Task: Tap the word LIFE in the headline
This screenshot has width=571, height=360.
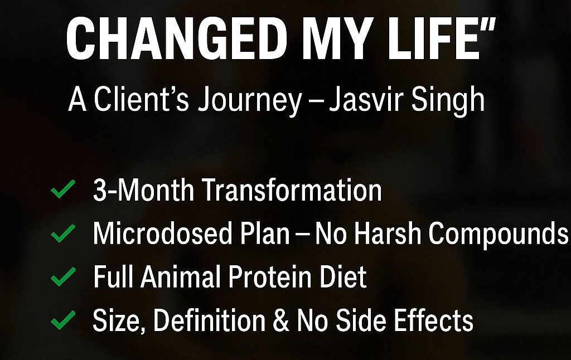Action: [435, 38]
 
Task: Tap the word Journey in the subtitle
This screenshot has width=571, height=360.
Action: [249, 100]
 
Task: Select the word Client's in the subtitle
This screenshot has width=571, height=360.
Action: [141, 99]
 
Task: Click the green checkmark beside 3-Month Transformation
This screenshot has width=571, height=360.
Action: [63, 189]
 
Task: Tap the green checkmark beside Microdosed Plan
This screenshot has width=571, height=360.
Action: [63, 233]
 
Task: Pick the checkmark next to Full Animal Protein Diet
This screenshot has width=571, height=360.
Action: [63, 276]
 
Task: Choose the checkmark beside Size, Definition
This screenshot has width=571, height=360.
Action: [63, 320]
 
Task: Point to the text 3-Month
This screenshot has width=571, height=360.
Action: [143, 189]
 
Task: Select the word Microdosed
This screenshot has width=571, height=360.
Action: [162, 233]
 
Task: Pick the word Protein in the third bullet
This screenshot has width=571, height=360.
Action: [270, 276]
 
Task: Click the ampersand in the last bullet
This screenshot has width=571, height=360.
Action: [281, 320]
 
